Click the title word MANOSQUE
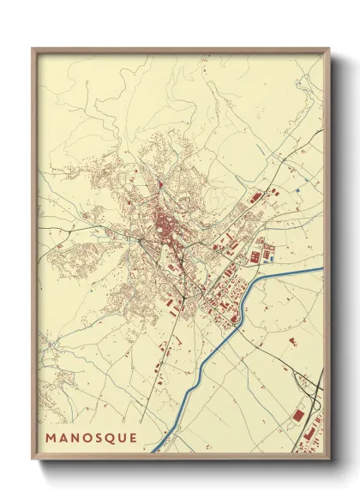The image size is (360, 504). (x=91, y=436)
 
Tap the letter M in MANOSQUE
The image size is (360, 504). (x=51, y=436)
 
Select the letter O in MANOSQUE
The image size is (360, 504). (x=86, y=436)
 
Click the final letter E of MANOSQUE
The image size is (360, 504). (x=132, y=436)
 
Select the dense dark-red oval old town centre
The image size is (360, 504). (x=160, y=229)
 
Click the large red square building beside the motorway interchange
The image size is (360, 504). (x=297, y=416)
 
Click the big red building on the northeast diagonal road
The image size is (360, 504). (x=255, y=198)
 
